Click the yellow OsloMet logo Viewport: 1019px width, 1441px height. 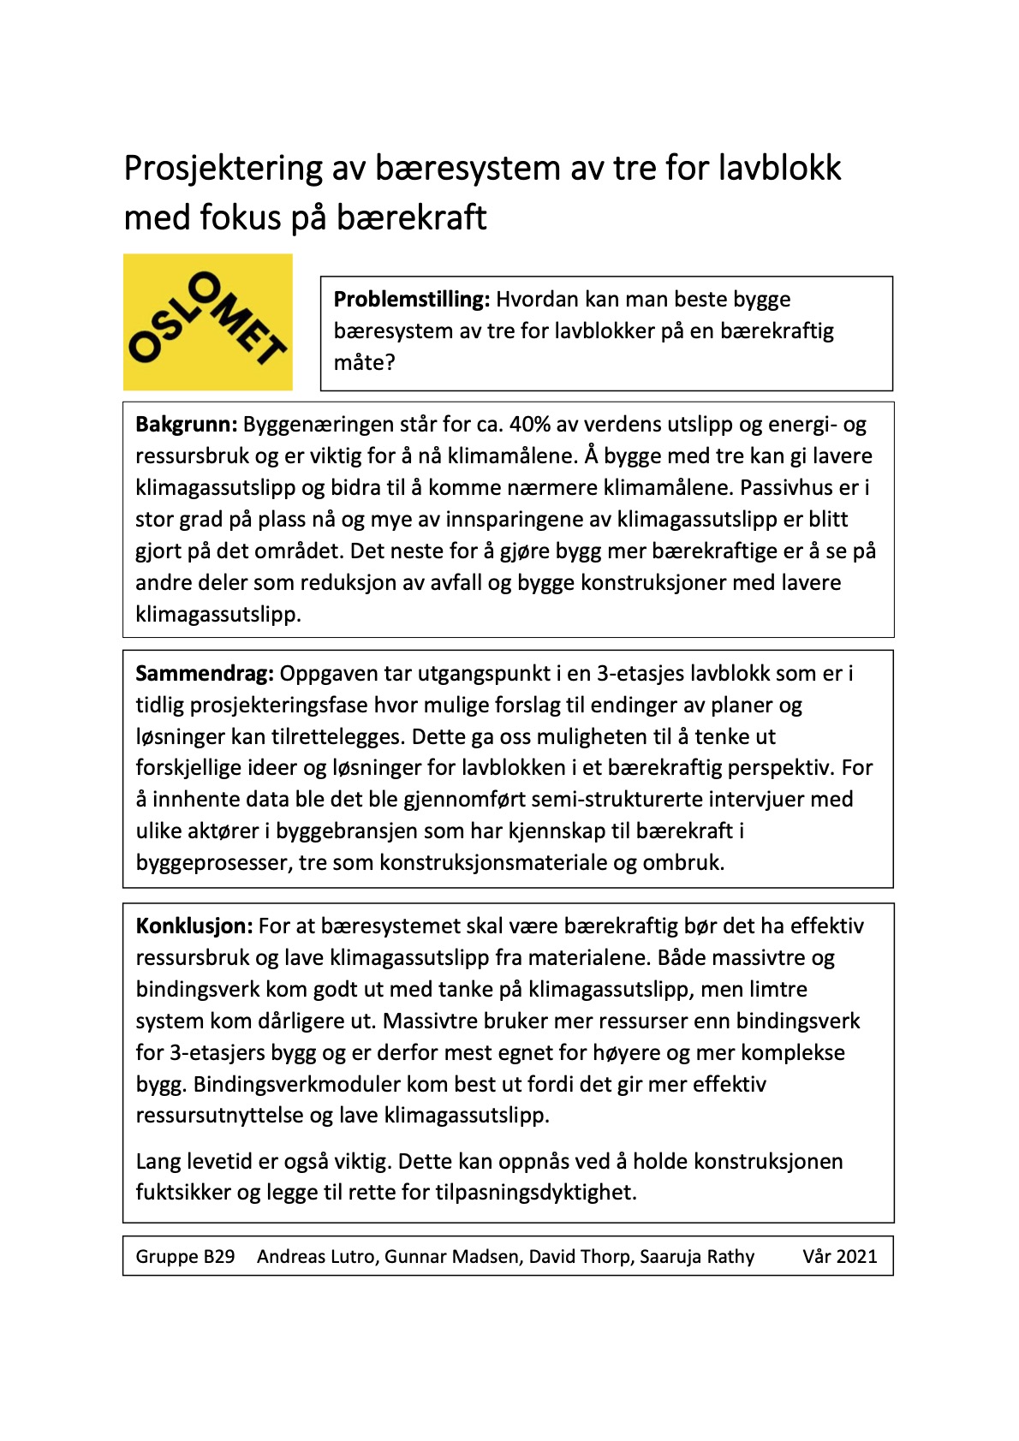[x=208, y=322]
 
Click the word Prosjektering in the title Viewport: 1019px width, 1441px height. [x=223, y=168]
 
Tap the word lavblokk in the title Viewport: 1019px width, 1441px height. [x=779, y=168]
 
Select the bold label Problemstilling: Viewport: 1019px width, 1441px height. [x=411, y=300]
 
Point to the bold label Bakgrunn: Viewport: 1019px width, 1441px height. [x=186, y=425]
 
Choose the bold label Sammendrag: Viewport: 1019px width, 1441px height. [x=205, y=674]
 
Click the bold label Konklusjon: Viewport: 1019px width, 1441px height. [x=194, y=926]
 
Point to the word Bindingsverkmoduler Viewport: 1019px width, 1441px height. [x=296, y=1085]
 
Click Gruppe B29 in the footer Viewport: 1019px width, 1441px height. [x=185, y=1257]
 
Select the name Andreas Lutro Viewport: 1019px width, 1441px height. [x=317, y=1257]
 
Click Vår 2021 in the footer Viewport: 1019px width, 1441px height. [x=839, y=1257]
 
